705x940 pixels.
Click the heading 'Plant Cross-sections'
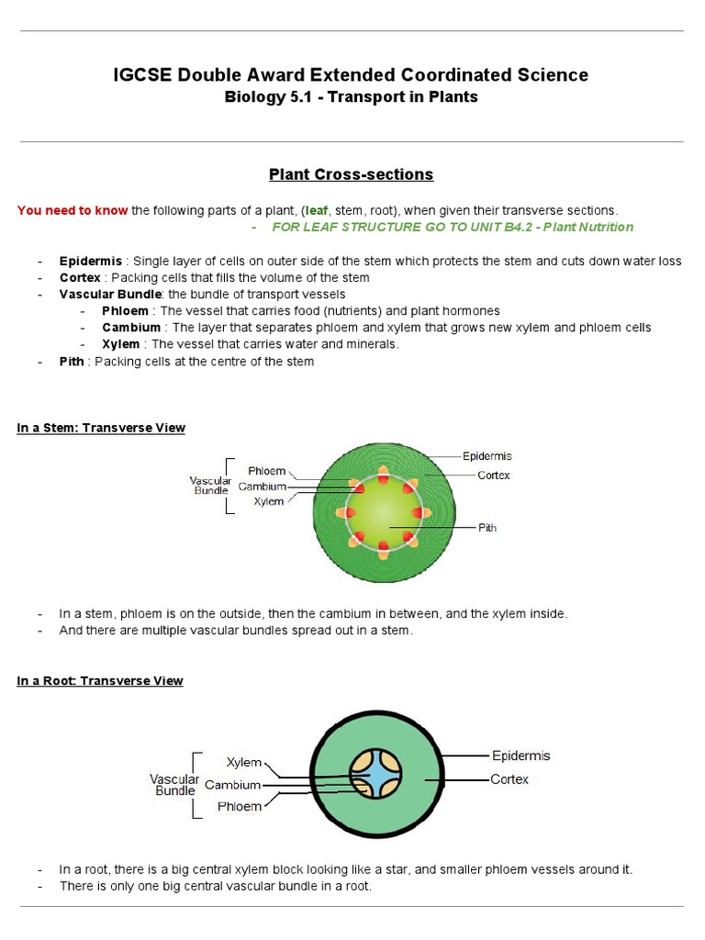click(352, 174)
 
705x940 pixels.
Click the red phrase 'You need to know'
click(73, 210)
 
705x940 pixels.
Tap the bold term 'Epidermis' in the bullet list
click(90, 261)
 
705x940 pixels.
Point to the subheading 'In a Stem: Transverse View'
click(101, 428)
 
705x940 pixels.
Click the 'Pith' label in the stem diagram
click(487, 528)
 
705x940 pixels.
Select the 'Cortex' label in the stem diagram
click(493, 476)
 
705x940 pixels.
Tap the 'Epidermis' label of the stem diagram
click(487, 456)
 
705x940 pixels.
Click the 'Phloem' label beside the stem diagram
click(266, 471)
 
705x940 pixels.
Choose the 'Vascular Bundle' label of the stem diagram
click(210, 486)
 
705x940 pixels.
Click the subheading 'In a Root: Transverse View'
click(100, 680)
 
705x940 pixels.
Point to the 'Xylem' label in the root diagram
click(244, 763)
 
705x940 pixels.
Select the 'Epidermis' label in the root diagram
click(520, 755)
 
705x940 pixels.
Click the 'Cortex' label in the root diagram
click(509, 779)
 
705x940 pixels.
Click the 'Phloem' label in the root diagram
click(240, 807)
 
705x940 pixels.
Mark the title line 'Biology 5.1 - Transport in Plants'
click(352, 97)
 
